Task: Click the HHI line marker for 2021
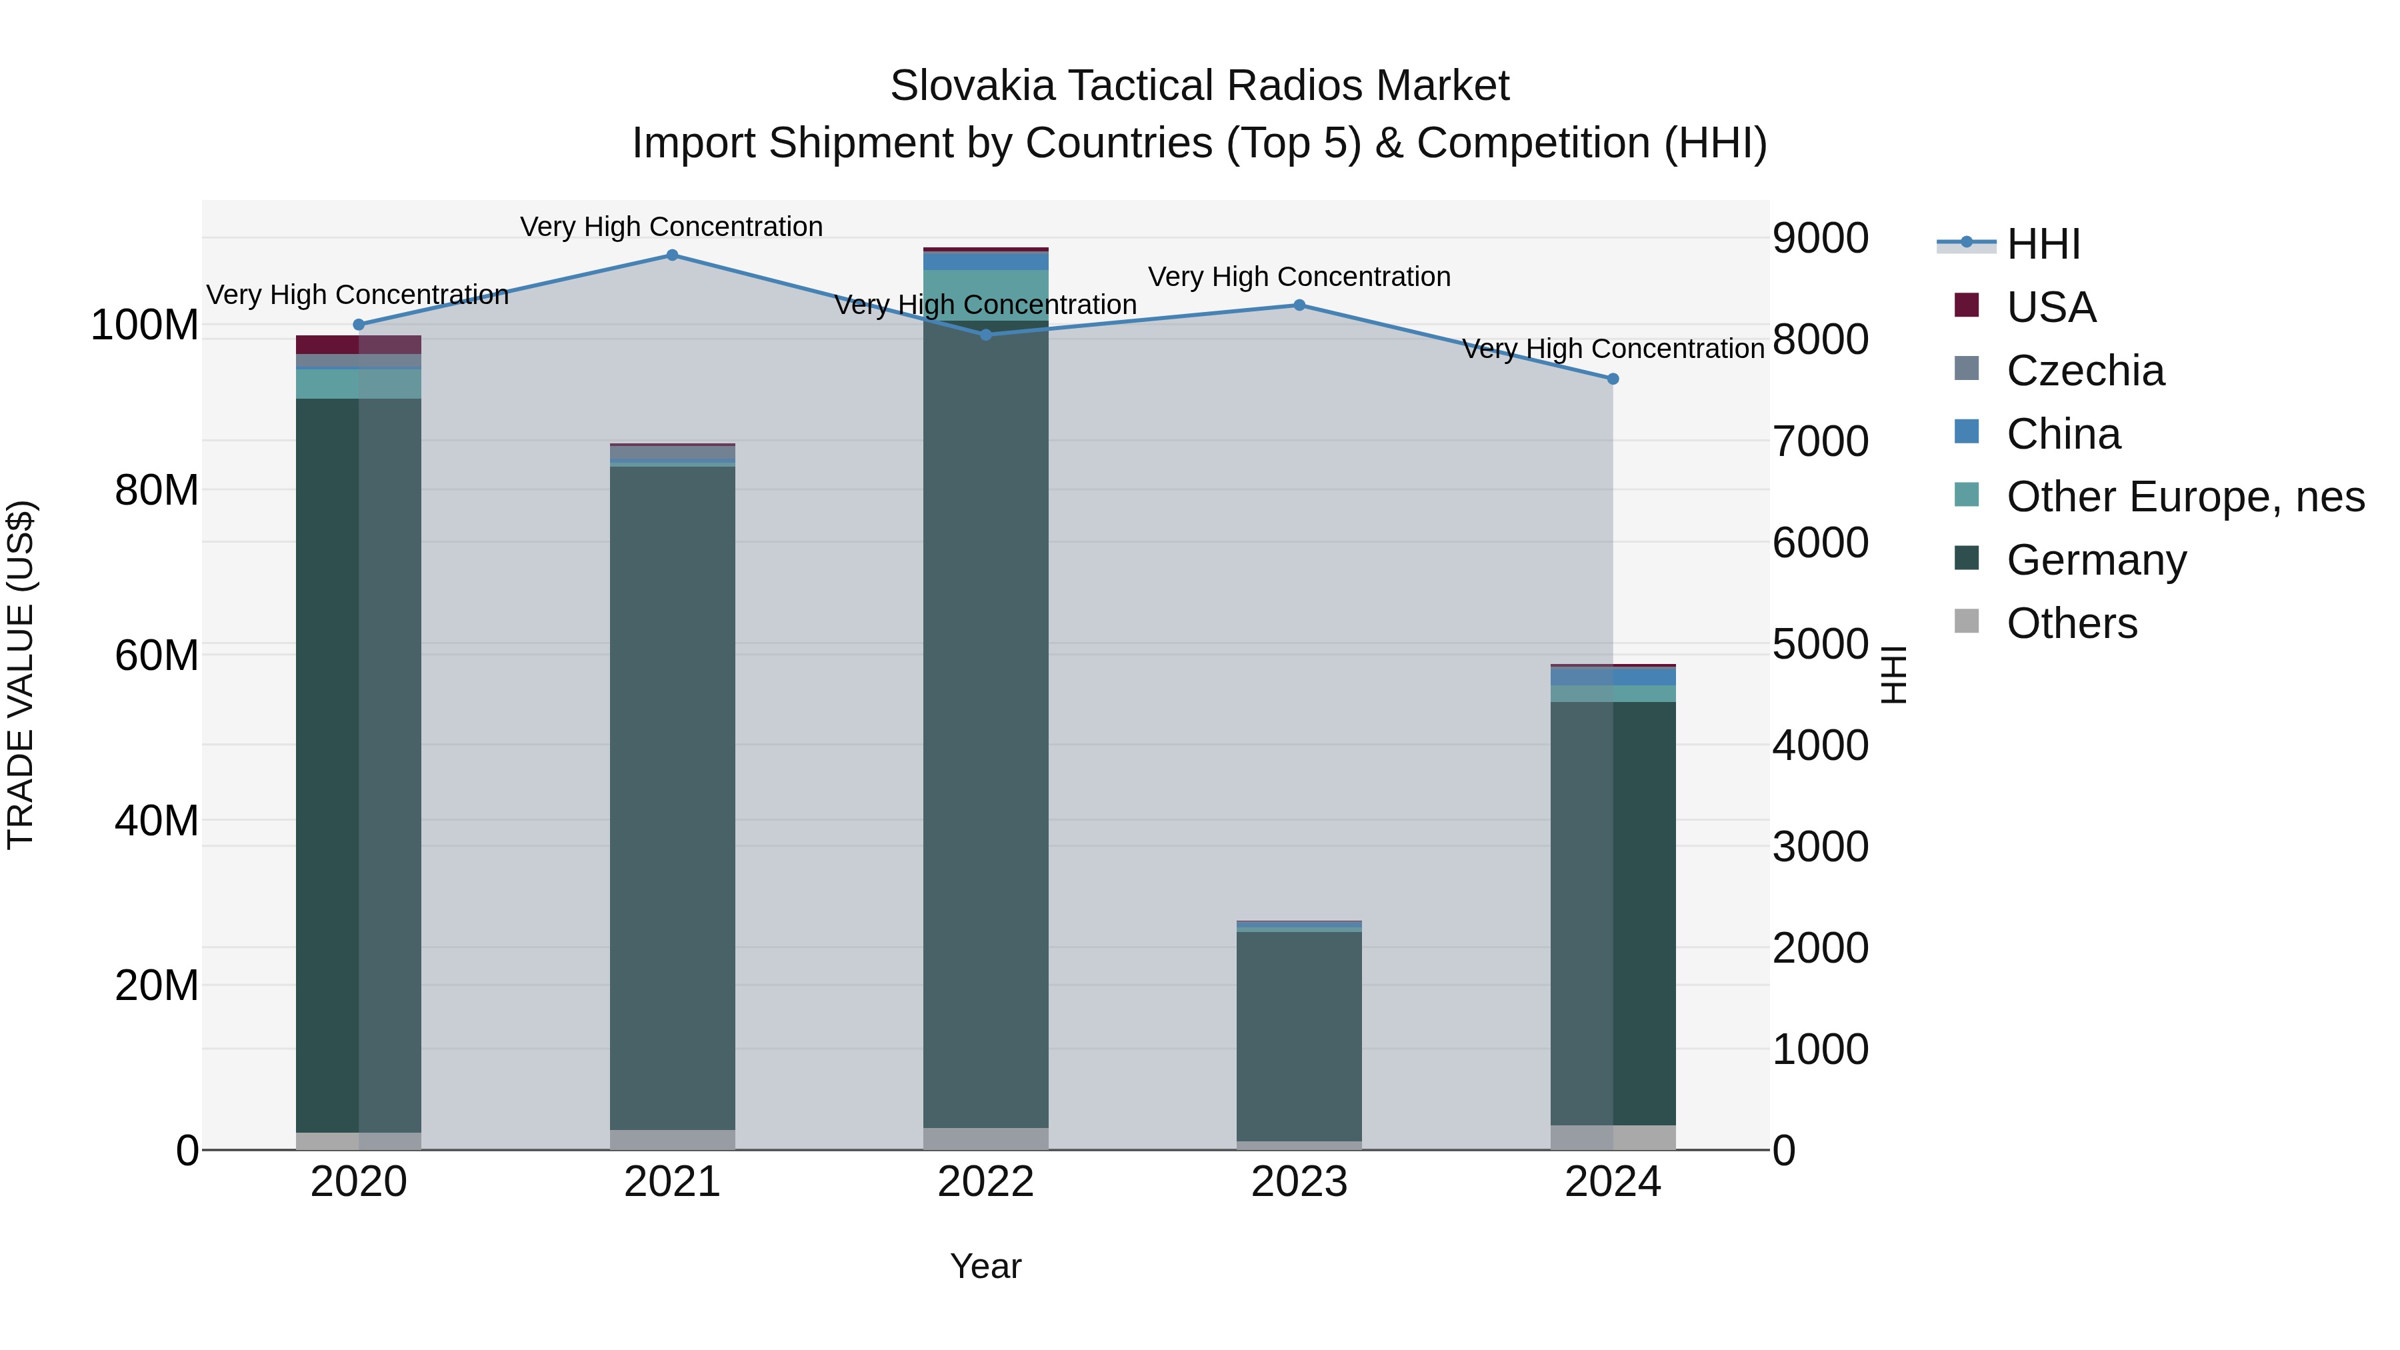(x=672, y=255)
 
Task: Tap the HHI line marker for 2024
(x=1613, y=379)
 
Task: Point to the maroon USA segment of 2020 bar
(x=358, y=345)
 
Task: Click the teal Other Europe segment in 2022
(x=986, y=295)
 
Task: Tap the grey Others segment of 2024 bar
(x=1613, y=1137)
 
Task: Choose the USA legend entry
(x=2051, y=307)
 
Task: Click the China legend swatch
(x=1967, y=432)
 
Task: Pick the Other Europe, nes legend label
(x=2185, y=497)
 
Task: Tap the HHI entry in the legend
(x=2042, y=244)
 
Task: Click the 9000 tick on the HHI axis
(x=1819, y=239)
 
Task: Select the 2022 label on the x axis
(x=986, y=1182)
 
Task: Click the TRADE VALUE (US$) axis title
(x=21, y=675)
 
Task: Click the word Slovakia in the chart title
(x=972, y=86)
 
